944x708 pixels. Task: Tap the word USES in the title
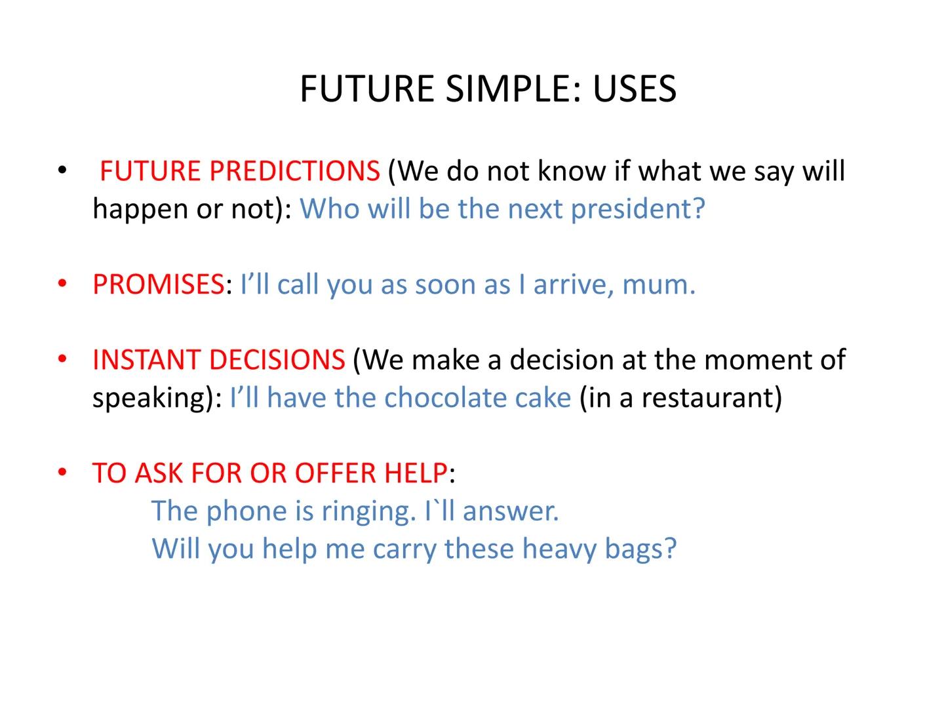634,88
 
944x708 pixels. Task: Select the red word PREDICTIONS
294,171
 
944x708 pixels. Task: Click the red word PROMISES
159,285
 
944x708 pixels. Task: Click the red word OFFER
336,473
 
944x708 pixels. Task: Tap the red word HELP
416,473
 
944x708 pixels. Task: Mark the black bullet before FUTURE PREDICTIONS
62,171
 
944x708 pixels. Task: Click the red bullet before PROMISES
62,285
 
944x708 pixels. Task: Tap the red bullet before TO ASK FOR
62,473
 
